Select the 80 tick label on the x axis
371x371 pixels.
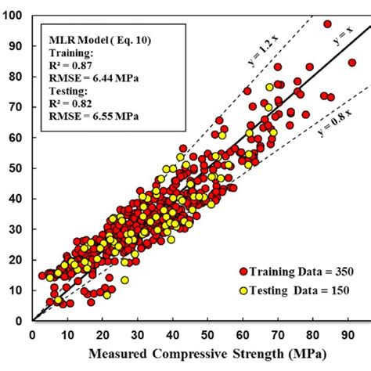point(312,335)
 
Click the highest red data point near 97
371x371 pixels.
point(327,24)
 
